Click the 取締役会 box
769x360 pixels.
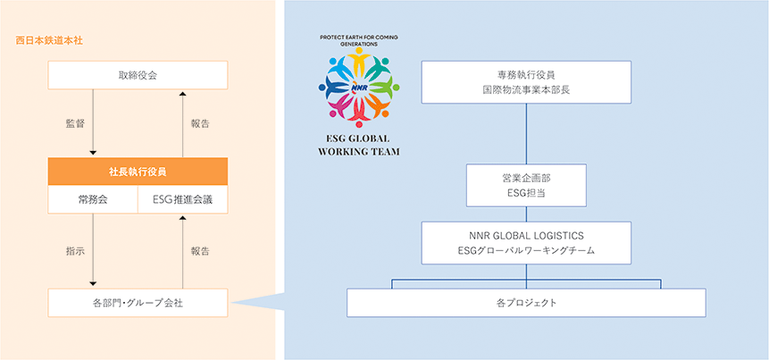click(138, 74)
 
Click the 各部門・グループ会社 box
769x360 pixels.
click(138, 303)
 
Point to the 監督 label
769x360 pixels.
click(75, 123)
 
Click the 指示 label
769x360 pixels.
click(75, 252)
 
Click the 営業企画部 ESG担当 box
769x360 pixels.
click(527, 185)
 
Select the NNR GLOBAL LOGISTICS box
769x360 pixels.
click(527, 243)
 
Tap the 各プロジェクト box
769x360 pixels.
click(526, 303)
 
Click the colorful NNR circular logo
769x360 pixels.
click(358, 86)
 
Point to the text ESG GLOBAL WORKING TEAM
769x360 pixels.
click(358, 145)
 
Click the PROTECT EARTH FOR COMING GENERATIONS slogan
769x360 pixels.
click(358, 40)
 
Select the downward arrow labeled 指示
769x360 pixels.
click(93, 252)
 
